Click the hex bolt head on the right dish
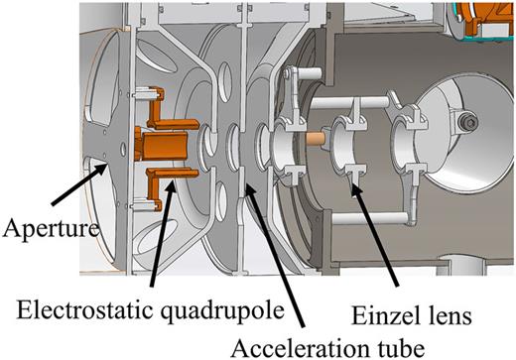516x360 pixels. tap(466, 121)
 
